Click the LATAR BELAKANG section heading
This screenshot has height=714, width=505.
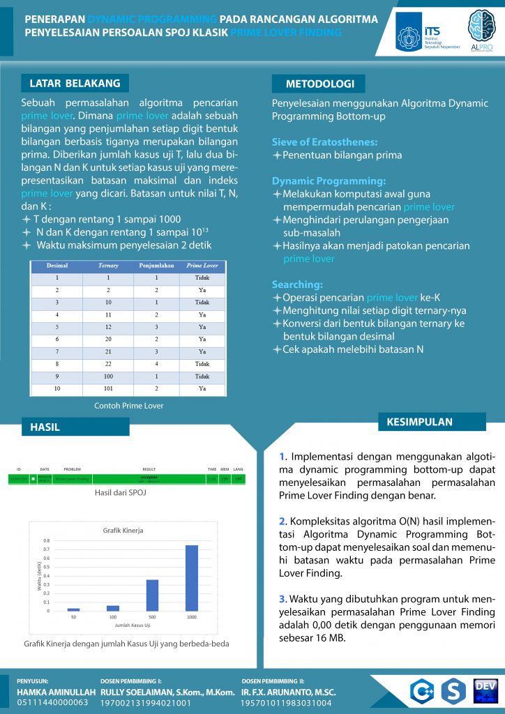(75, 83)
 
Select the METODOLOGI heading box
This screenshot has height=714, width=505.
(318, 84)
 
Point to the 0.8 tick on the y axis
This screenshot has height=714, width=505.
(47, 540)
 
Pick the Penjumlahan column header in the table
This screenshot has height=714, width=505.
(156, 266)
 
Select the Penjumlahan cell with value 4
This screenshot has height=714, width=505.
(156, 363)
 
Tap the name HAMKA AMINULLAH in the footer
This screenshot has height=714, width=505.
(56, 692)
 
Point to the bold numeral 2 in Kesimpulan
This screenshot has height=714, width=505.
(282, 521)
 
